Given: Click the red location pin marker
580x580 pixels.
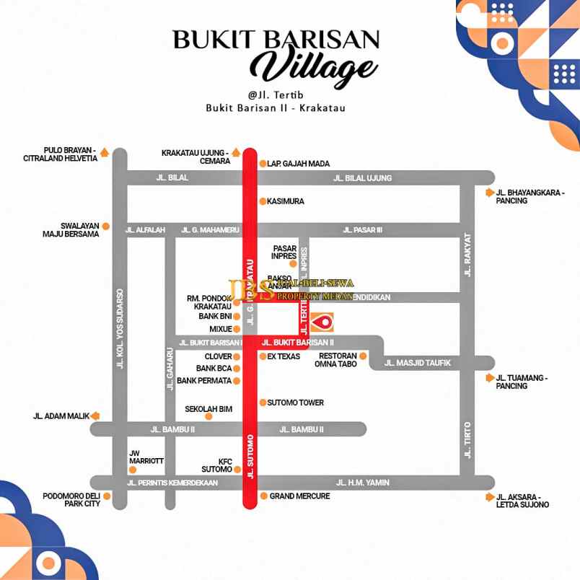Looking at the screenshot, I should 322,322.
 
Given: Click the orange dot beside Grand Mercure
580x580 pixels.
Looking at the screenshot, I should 264,496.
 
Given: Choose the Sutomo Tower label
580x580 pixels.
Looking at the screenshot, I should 296,403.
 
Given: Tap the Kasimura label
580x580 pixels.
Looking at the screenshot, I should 286,201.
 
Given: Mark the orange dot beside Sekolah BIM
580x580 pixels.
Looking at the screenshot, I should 209,416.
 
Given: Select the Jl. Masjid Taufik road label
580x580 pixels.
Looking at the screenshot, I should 418,363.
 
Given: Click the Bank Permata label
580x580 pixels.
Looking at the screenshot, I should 203,380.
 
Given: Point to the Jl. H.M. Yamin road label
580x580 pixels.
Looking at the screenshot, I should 363,483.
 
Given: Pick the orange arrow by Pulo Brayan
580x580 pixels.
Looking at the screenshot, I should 105,152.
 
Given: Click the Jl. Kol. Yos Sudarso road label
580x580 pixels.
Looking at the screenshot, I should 120,329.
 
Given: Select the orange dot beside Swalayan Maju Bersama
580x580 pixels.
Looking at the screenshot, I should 105,226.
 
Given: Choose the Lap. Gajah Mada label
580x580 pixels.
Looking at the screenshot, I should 298,164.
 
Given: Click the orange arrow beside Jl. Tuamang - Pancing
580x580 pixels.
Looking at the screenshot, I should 491,377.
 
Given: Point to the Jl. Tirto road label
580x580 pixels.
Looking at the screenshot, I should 467,440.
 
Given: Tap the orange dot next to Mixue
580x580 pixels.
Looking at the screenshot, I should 237,329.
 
